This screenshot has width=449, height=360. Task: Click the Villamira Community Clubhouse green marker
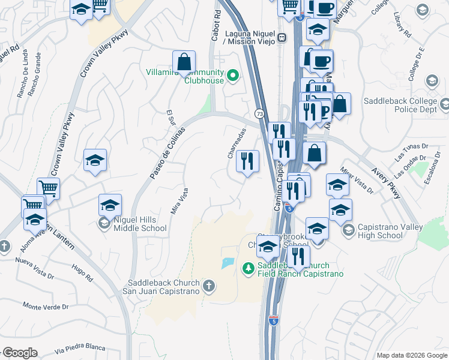pyautogui.click(x=233, y=75)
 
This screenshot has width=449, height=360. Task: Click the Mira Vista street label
pyautogui.click(x=176, y=200)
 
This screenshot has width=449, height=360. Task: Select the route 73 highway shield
pyautogui.click(x=259, y=113)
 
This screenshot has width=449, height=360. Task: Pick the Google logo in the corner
pyautogui.click(x=19, y=353)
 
